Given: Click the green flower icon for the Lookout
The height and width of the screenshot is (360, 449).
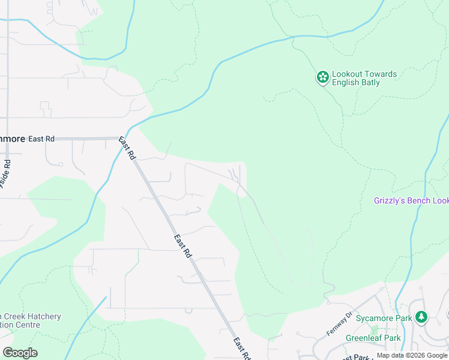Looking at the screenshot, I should coord(322,77).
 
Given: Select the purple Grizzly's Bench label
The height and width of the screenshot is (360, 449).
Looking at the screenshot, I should coord(411,200).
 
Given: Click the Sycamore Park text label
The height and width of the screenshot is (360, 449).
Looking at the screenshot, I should coord(384,317).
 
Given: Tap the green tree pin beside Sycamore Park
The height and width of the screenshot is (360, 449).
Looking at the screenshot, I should coord(421,316).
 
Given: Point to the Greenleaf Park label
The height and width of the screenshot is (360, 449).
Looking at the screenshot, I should coord(373,338).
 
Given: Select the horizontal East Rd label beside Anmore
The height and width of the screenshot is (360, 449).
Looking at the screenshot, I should coord(41,139).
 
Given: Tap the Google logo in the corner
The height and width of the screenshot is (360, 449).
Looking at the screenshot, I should coord(20,352).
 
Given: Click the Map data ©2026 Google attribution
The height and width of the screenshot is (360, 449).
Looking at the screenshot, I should coord(412,355).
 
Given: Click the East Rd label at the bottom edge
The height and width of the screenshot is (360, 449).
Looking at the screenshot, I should coord(242,349).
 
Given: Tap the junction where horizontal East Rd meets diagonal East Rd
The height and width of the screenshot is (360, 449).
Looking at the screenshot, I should coord(124,139).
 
